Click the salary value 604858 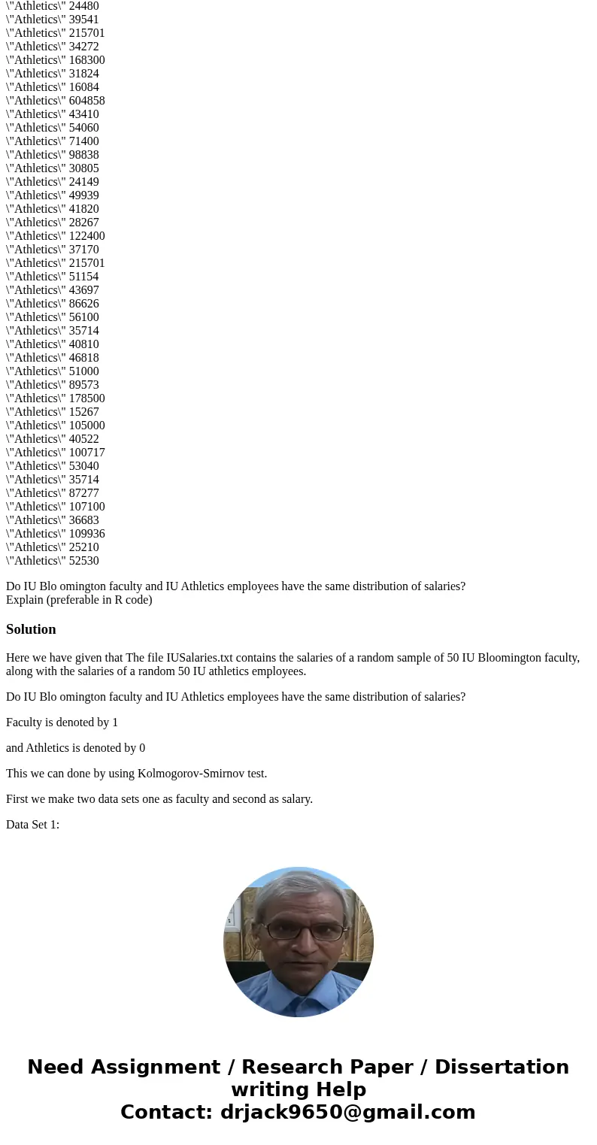pos(86,101)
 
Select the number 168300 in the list pos(86,60)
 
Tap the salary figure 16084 pos(83,87)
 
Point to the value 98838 pos(83,155)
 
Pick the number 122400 pos(86,236)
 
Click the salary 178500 pos(86,398)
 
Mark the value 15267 pos(83,412)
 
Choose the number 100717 pos(86,453)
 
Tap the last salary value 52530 pos(83,561)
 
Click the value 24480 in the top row pos(83,6)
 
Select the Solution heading pos(31,629)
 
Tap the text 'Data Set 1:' pos(32,825)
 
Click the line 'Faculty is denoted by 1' pos(62,722)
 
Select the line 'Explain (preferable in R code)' pos(79,600)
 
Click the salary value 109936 pos(86,534)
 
